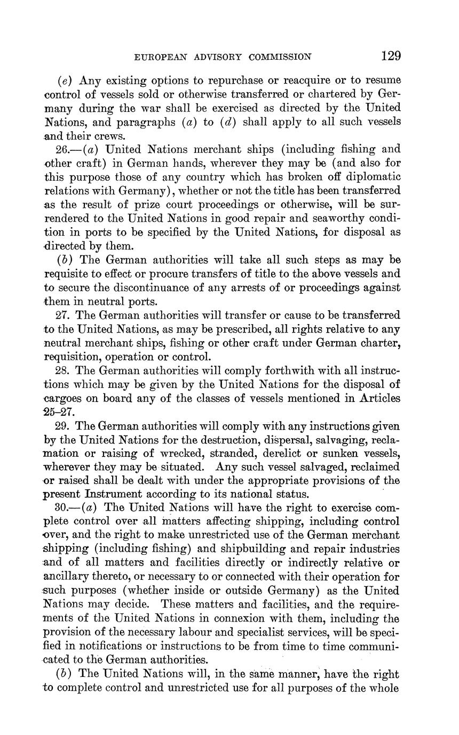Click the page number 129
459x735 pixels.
391,55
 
